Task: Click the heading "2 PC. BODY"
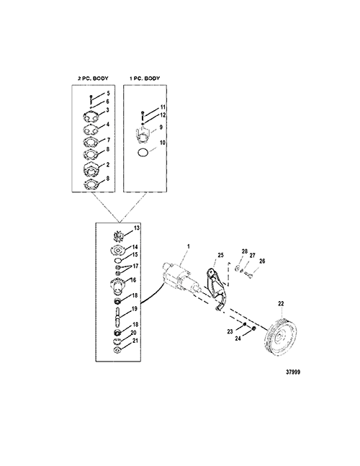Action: pyautogui.click(x=93, y=79)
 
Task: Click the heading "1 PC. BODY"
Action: pyautogui.click(x=145, y=79)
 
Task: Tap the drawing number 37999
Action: pyautogui.click(x=293, y=372)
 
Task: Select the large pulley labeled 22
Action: pyautogui.click(x=280, y=337)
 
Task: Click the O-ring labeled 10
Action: pyautogui.click(x=143, y=152)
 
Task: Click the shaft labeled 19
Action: pyautogui.click(x=117, y=316)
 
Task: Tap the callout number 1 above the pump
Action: pyautogui.click(x=188, y=246)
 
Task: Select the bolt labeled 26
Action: pyautogui.click(x=248, y=274)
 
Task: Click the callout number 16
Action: pyautogui.click(x=133, y=280)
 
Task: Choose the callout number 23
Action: pyautogui.click(x=230, y=331)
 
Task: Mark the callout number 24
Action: pyautogui.click(x=238, y=339)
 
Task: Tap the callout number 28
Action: pyautogui.click(x=245, y=251)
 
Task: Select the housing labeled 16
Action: pyautogui.click(x=118, y=287)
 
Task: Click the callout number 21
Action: pyautogui.click(x=135, y=341)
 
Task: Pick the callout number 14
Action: pyautogui.click(x=135, y=247)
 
